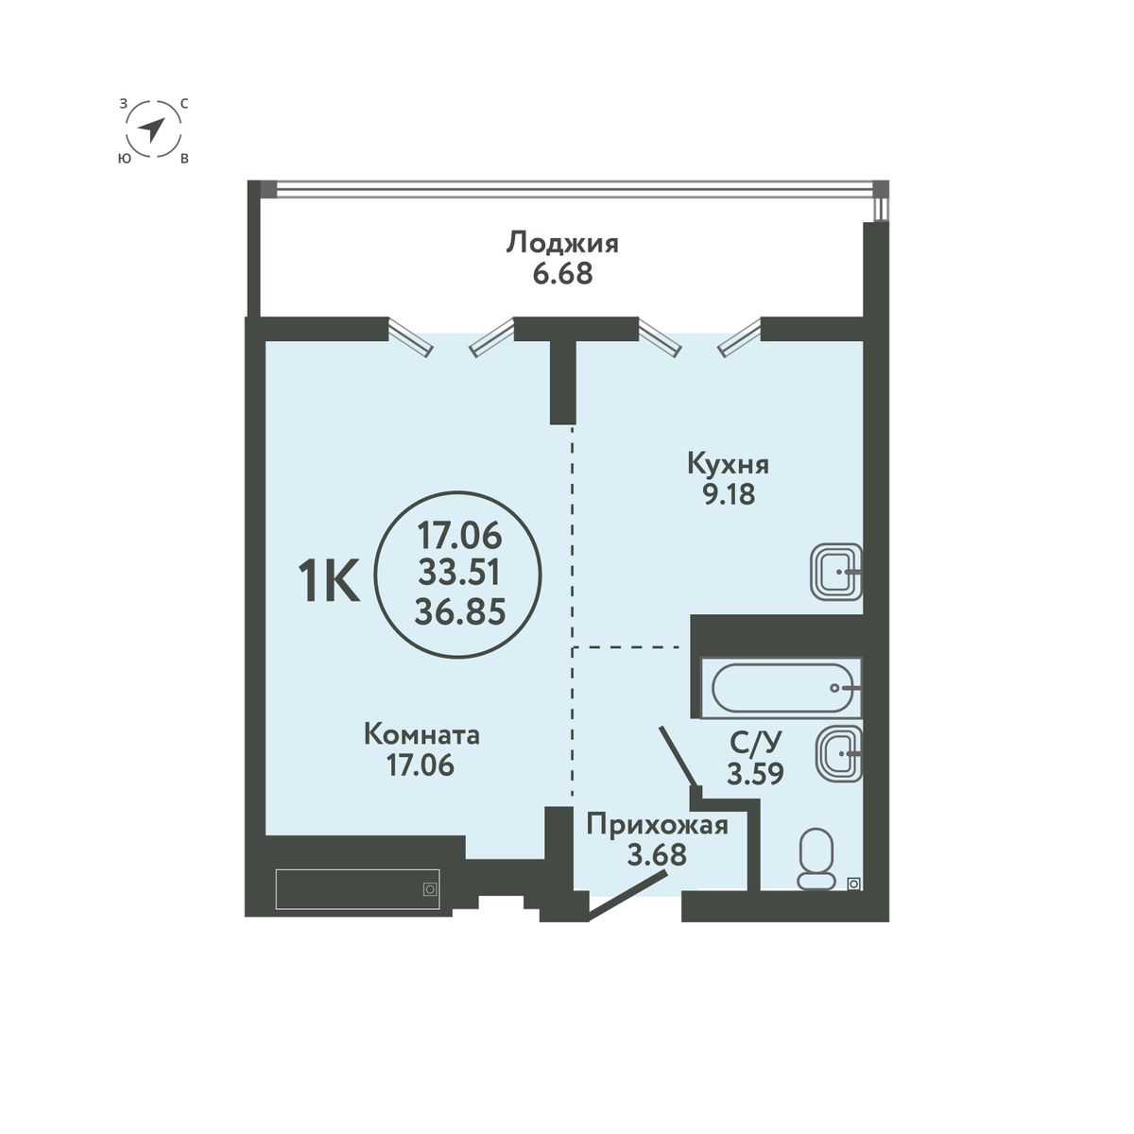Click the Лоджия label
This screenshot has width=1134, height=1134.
562,244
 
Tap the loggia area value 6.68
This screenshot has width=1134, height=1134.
562,275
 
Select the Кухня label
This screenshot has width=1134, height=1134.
728,465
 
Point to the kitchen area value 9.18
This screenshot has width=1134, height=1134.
728,494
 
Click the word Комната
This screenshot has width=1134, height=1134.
421,735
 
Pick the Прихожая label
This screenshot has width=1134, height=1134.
657,826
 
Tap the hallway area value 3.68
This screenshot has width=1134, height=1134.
657,856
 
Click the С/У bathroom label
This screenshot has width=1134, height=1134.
753,744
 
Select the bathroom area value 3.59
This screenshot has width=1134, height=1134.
755,775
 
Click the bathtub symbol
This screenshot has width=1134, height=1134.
784,688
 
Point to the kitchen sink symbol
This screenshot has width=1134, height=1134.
836,572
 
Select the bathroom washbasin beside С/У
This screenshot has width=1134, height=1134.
836,753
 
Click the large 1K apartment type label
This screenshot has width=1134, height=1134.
328,582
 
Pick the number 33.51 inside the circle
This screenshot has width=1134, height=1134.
458,574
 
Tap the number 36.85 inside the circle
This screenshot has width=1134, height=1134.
458,610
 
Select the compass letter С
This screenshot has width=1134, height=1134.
183,103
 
